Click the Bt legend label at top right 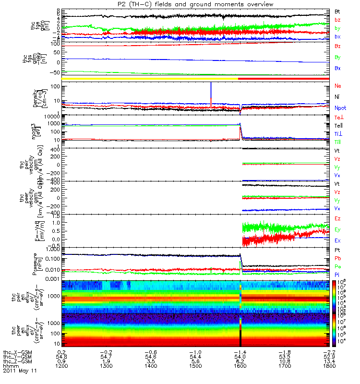(x=338, y=11)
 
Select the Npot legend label (x=340, y=108)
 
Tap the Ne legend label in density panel (x=338, y=85)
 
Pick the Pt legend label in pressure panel (x=337, y=251)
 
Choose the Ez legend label (x=337, y=218)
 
